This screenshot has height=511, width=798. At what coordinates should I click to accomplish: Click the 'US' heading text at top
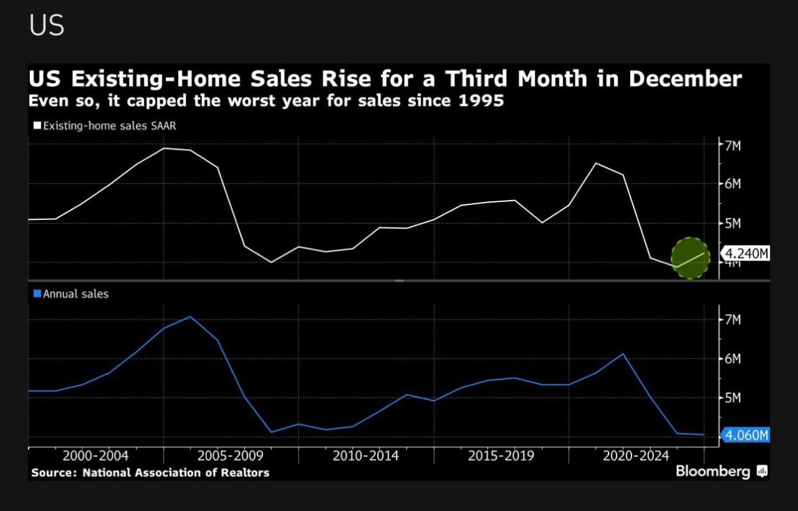(47, 26)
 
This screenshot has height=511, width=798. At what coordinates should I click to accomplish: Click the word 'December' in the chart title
(685, 80)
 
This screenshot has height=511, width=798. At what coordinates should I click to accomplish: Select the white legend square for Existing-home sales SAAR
(37, 126)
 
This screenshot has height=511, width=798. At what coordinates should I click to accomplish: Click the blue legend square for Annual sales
(37, 294)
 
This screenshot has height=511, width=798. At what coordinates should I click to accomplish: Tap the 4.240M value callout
(744, 254)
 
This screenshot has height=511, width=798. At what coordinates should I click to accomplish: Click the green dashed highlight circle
(690, 258)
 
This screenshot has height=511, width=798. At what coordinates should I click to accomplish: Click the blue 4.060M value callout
(746, 435)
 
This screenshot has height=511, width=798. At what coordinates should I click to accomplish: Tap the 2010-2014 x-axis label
(366, 456)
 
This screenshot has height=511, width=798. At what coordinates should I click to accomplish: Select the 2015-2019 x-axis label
(501, 456)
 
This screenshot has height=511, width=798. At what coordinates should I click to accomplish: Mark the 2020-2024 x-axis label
(636, 456)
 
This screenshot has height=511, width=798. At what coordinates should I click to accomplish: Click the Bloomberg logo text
(713, 471)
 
